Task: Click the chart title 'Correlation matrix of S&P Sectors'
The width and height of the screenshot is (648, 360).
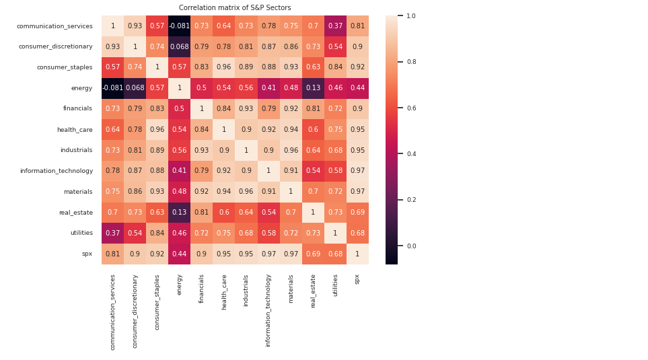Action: pyautogui.click(x=235, y=8)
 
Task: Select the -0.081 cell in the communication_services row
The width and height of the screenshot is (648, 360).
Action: pyautogui.click(x=180, y=26)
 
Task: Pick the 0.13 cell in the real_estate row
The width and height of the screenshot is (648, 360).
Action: pyautogui.click(x=180, y=213)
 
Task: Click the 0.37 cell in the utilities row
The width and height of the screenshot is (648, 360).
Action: pyautogui.click(x=113, y=233)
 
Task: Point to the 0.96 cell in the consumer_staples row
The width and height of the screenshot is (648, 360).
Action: pyautogui.click(x=224, y=67)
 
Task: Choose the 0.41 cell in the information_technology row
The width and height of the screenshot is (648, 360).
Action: pyautogui.click(x=180, y=171)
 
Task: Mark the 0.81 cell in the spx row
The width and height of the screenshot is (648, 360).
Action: pyautogui.click(x=113, y=254)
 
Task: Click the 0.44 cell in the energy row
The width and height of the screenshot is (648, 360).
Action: pyautogui.click(x=357, y=88)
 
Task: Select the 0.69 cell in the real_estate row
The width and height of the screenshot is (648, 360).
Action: pyautogui.click(x=357, y=213)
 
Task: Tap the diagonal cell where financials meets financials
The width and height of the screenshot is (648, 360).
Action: pyautogui.click(x=202, y=109)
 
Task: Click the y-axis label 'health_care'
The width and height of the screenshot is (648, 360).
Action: pyautogui.click(x=77, y=129)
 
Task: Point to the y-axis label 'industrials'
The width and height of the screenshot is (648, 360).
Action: pyautogui.click(x=78, y=150)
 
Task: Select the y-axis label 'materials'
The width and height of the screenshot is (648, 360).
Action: pyautogui.click(x=78, y=192)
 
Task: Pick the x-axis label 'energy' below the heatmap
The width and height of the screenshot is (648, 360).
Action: pyautogui.click(x=180, y=284)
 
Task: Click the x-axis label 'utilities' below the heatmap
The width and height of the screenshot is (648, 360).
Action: pyautogui.click(x=335, y=285)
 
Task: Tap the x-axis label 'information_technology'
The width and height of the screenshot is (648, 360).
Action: pyautogui.click(x=268, y=310)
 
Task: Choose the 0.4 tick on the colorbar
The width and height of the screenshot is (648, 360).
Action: pyautogui.click(x=410, y=154)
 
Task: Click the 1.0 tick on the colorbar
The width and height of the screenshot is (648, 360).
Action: pyautogui.click(x=410, y=15)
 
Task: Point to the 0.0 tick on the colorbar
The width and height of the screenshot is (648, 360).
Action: pyautogui.click(x=410, y=246)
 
